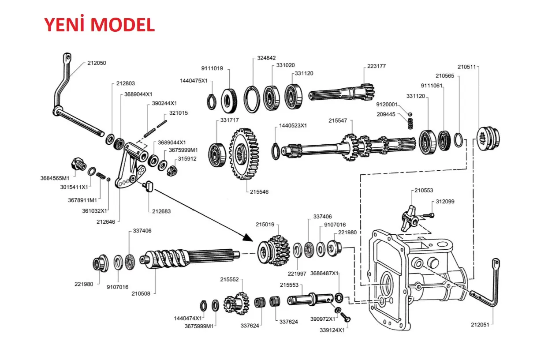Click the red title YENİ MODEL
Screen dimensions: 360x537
[x=99, y=25]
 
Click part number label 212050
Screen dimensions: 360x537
[x=97, y=63]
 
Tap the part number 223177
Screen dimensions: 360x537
[x=376, y=66]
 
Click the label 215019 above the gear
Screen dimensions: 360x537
[x=265, y=224]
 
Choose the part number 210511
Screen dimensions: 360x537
[x=467, y=67]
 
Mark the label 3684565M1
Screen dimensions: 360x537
[x=55, y=179]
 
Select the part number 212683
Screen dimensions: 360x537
[x=161, y=211]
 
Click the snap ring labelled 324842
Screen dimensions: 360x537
[x=253, y=101]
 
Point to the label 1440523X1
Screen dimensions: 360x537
[x=293, y=126]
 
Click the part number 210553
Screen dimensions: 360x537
[x=423, y=191]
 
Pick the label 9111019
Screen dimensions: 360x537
[x=212, y=68]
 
